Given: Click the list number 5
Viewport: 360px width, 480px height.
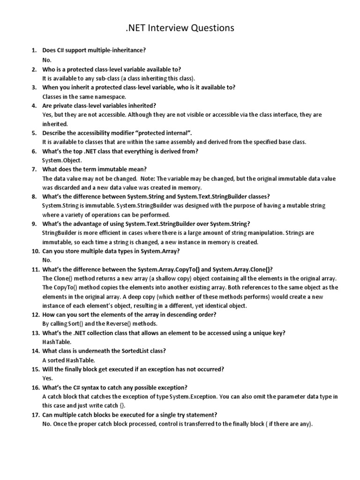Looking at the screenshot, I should (x=34, y=133).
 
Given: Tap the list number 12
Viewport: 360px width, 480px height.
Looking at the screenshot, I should (x=36, y=315).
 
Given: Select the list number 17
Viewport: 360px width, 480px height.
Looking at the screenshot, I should (x=36, y=415).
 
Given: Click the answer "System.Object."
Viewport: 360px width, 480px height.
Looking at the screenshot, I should (x=61, y=160).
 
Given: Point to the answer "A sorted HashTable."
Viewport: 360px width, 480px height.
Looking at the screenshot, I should (x=68, y=360).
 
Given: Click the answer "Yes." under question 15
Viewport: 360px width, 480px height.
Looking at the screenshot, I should (x=48, y=378).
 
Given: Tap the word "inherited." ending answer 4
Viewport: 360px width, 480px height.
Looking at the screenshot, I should (x=55, y=124).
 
